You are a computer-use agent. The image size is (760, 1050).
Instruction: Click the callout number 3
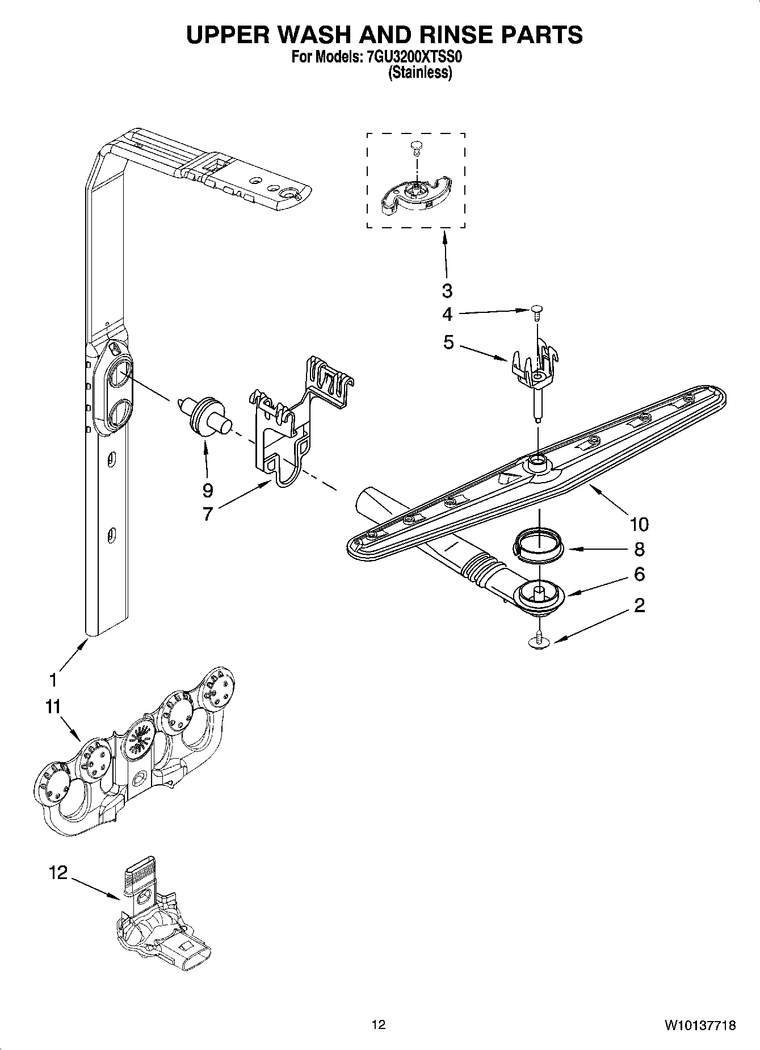447,290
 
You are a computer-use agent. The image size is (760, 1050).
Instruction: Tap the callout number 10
638,523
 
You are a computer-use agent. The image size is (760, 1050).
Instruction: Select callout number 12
58,872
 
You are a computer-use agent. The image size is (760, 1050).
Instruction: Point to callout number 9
207,490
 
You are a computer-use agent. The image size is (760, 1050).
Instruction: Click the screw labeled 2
539,639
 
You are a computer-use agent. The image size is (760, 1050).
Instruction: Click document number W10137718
700,1025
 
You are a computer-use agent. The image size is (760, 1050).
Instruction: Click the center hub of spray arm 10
538,463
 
